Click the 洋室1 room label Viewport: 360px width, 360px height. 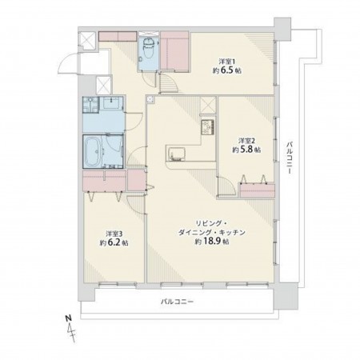pyautogui.click(x=229, y=61)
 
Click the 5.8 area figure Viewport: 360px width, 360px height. pyautogui.click(x=242, y=150)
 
